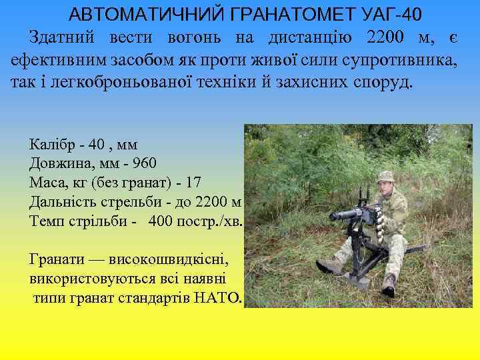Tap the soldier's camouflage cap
pos(386,177)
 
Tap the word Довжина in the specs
pos(57,163)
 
